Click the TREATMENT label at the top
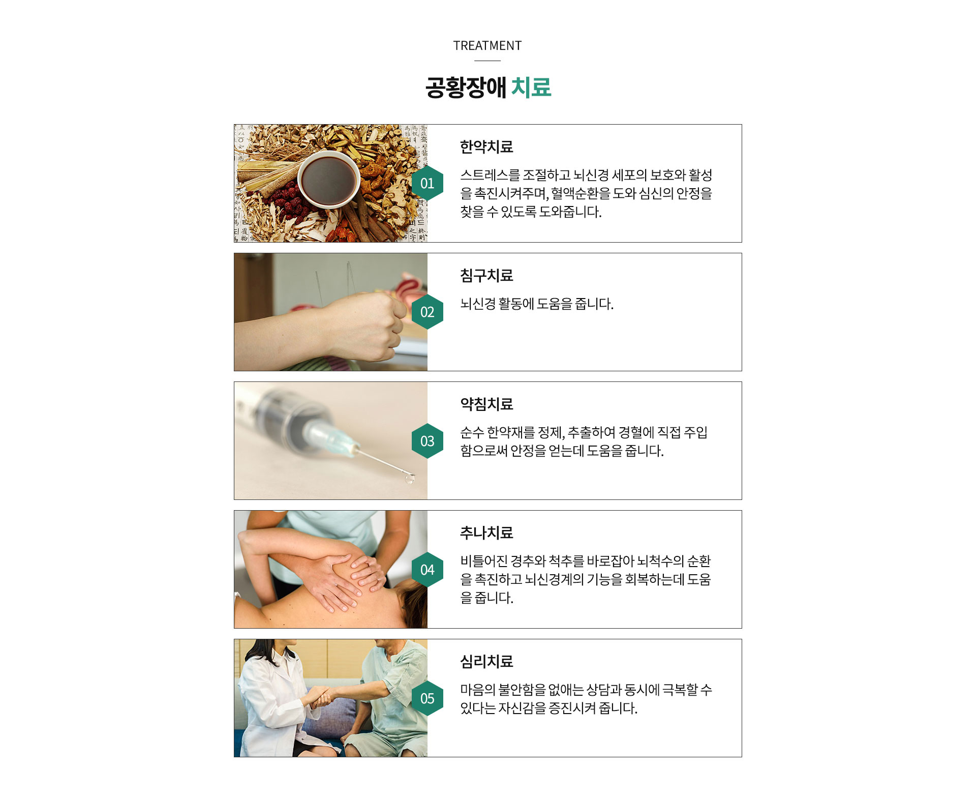(487, 46)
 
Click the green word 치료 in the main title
(531, 87)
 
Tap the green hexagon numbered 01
(427, 183)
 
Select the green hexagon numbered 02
(427, 312)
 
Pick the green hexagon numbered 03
(427, 441)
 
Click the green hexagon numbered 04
(427, 570)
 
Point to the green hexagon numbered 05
(427, 698)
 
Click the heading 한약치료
(486, 147)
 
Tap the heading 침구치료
(486, 276)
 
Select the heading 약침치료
(486, 404)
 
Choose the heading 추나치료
(486, 533)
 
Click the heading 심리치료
(486, 662)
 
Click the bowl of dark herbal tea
(328, 180)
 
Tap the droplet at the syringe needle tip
(409, 479)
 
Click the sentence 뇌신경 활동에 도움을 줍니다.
(537, 304)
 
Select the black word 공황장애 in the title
(466, 87)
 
